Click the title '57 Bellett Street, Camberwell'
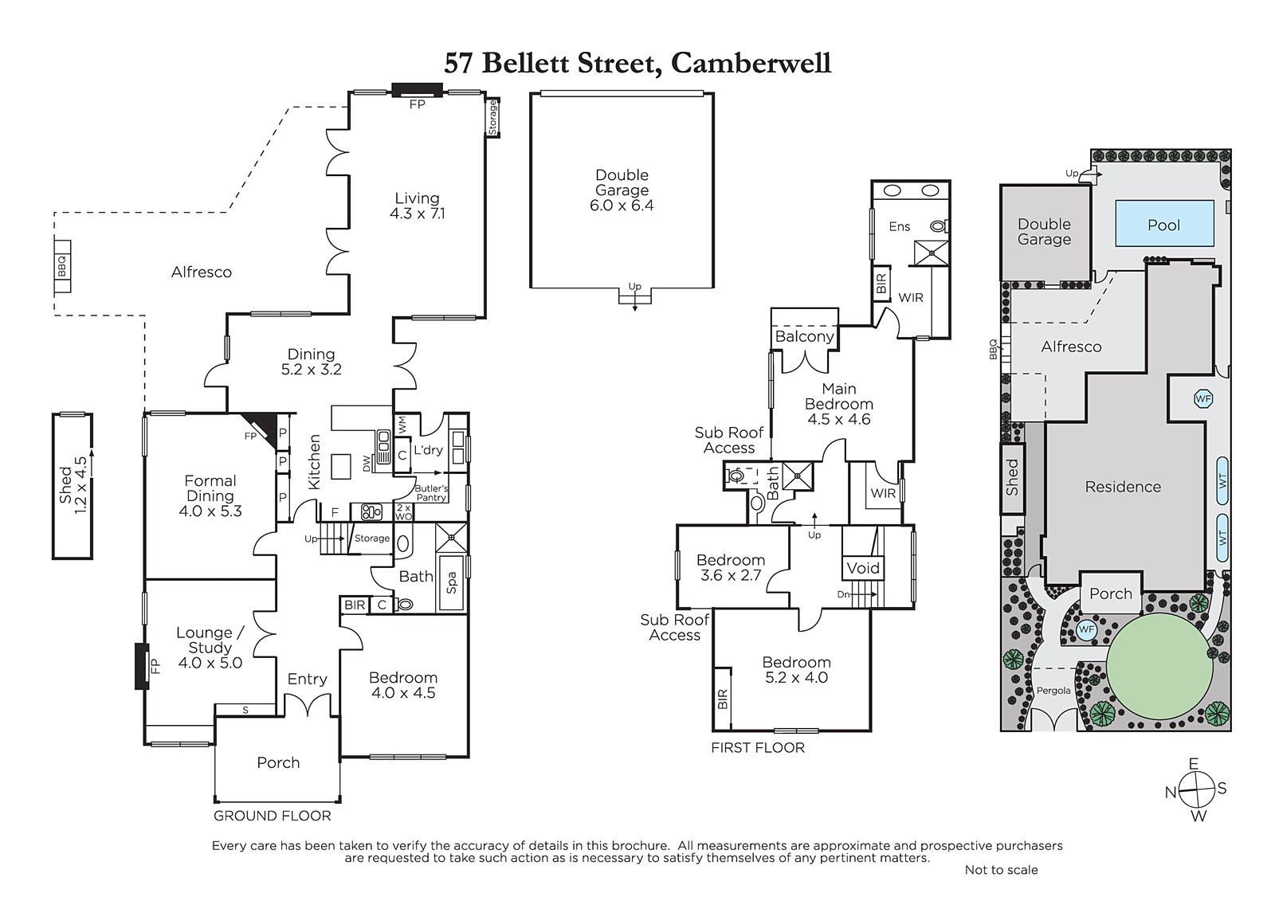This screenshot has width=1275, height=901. click(x=637, y=64)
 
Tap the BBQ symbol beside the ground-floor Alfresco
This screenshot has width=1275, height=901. click(x=62, y=266)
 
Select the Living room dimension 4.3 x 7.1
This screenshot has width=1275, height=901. click(x=418, y=214)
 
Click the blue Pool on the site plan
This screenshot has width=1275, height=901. click(x=1164, y=223)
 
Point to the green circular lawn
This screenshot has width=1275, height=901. click(x=1159, y=667)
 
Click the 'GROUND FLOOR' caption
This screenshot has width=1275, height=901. click(x=272, y=816)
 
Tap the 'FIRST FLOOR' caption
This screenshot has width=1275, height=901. click(x=758, y=748)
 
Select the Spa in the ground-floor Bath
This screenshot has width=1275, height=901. click(x=451, y=583)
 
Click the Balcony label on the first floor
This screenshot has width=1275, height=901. click(x=804, y=336)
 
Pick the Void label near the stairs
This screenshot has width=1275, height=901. click(x=863, y=568)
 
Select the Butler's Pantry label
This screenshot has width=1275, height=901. click(x=431, y=493)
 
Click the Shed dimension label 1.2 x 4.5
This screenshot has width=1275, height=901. click(x=80, y=485)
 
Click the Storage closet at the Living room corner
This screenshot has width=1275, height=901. click(x=493, y=116)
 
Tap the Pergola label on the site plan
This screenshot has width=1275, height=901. click(x=1053, y=691)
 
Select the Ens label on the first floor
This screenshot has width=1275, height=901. click(x=900, y=226)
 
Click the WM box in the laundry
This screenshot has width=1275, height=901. click(x=403, y=425)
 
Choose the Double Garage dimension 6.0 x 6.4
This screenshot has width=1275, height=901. click(x=622, y=206)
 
